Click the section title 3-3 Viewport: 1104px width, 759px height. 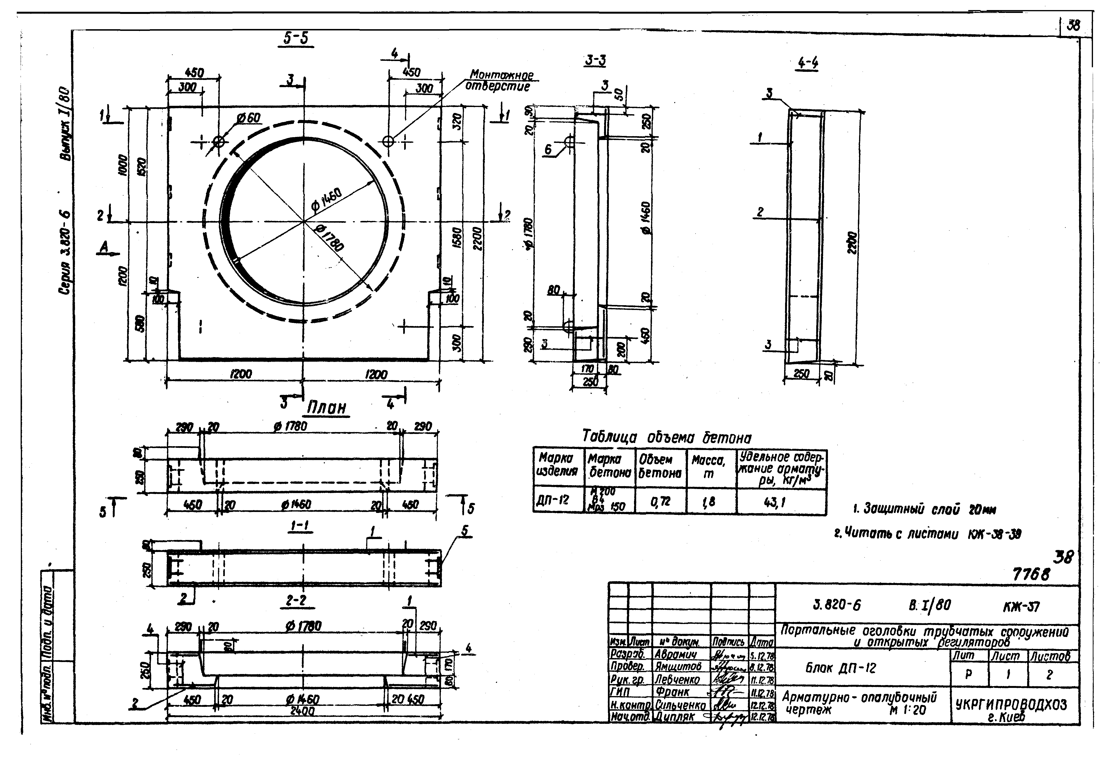point(595,61)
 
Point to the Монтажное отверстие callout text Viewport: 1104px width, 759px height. point(499,81)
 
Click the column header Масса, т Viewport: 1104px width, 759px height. point(709,467)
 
